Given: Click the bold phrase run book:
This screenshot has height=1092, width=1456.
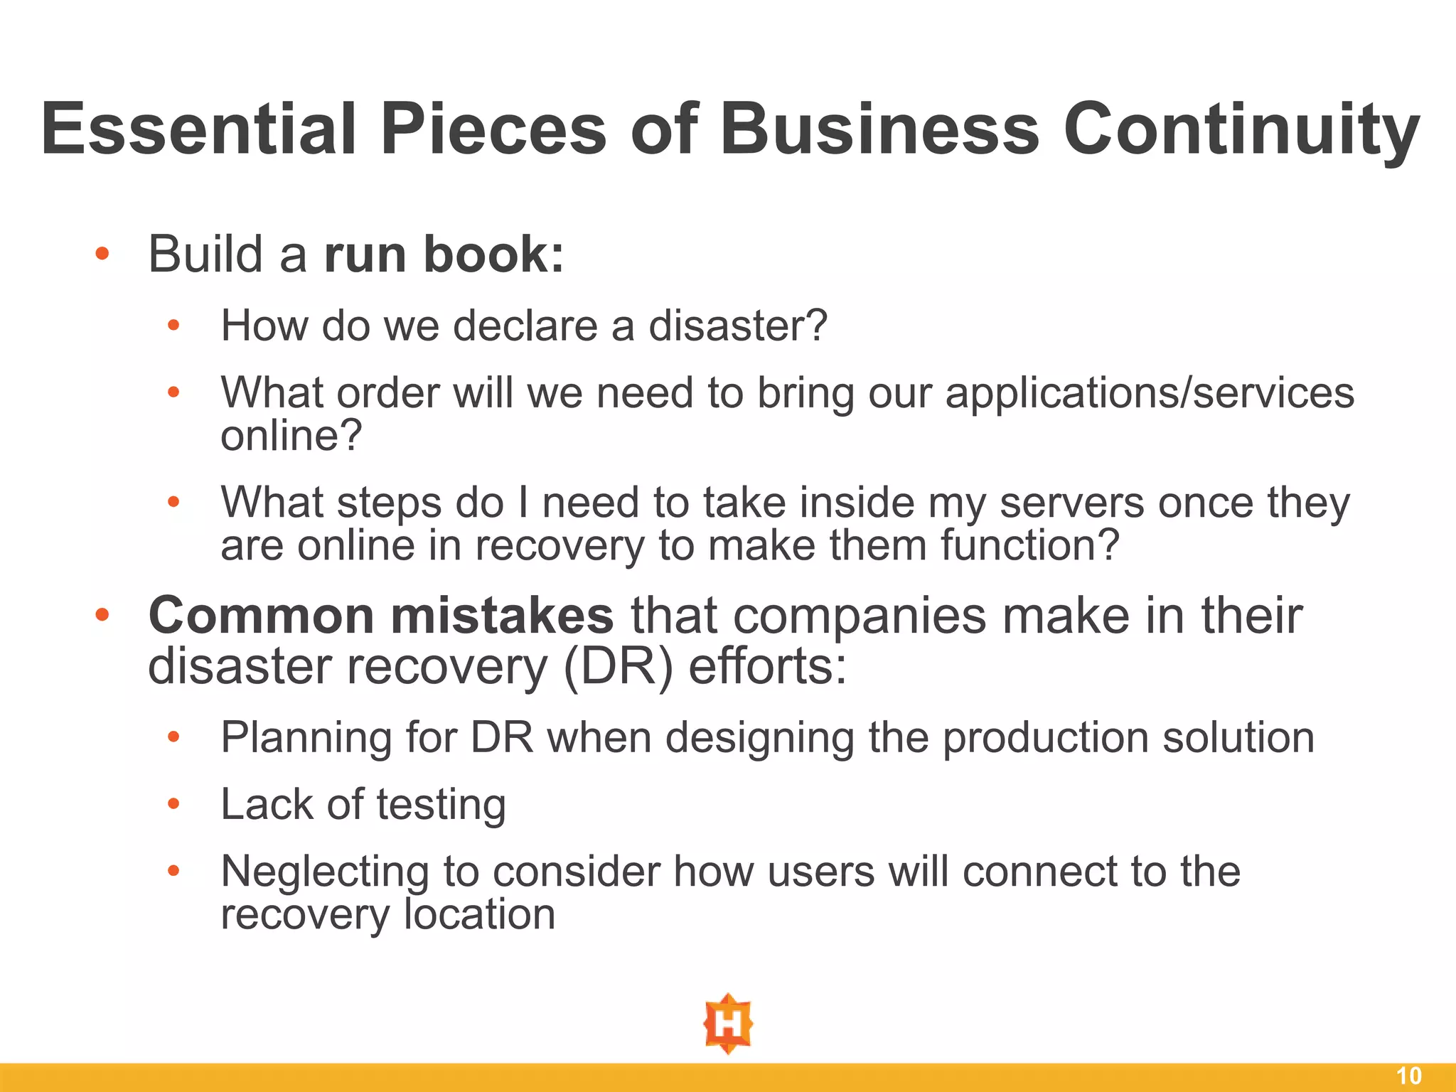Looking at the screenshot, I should [x=444, y=254].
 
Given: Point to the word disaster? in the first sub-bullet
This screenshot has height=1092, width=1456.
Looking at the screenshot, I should [x=738, y=326].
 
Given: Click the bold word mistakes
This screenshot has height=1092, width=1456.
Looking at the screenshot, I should [x=502, y=616].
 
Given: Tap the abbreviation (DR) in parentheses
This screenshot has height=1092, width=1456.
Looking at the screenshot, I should [x=617, y=667].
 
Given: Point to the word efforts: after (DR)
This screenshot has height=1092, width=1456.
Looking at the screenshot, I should [x=768, y=667].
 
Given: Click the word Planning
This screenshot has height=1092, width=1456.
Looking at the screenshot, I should [x=306, y=738].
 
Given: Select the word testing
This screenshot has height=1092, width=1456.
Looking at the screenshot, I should [x=441, y=805].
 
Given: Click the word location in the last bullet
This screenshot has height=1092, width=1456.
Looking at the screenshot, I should [x=479, y=914].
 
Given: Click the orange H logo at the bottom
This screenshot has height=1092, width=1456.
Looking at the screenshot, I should [x=728, y=1024].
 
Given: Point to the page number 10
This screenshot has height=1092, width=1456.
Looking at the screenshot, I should [x=1409, y=1076].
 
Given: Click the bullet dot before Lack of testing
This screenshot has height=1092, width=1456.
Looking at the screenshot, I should [x=173, y=804].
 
